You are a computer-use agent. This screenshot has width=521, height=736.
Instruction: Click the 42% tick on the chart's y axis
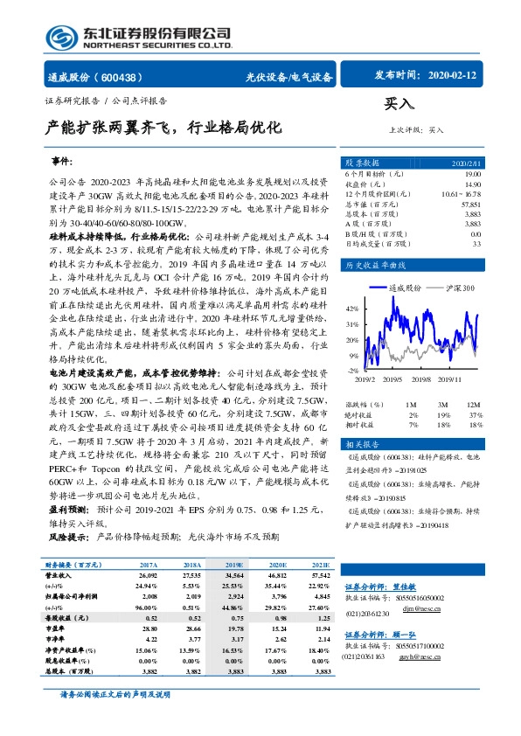(x=352, y=309)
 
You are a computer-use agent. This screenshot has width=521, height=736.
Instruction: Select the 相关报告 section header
(x=363, y=446)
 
